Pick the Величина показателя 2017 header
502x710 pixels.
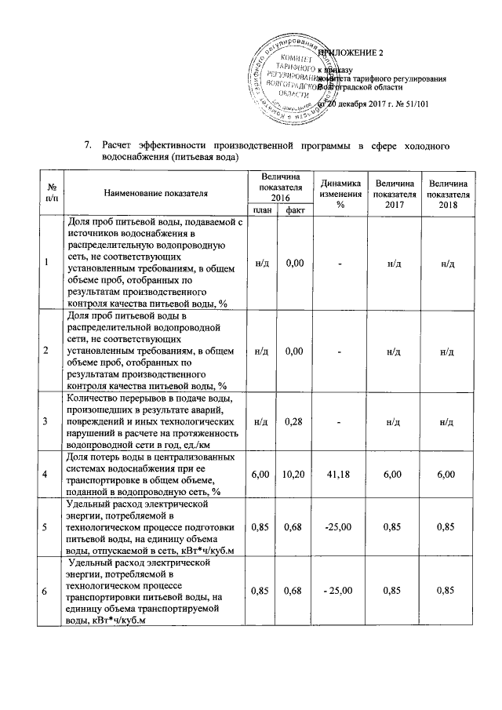[x=395, y=192]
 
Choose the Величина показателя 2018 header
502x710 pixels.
[x=449, y=192]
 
